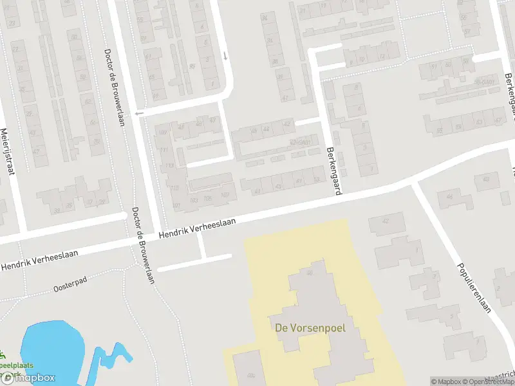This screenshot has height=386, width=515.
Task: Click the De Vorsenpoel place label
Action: tap(310, 327)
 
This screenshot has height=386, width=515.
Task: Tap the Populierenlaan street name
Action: tap(473, 287)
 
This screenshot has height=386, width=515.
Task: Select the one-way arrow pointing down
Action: tap(225, 55)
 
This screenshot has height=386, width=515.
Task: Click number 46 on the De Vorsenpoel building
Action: tap(311, 273)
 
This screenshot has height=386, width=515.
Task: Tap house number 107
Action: tap(225, 195)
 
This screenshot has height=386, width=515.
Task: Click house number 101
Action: tap(176, 206)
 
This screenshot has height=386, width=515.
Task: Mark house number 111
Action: tap(164, 150)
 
